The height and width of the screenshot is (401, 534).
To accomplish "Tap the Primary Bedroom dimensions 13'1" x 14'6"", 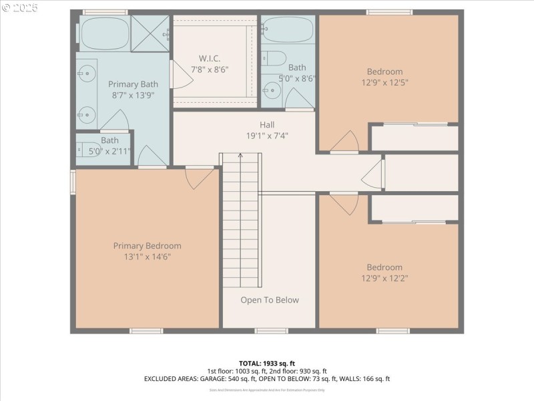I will coord(147,257).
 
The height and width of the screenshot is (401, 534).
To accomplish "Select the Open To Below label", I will coord(270,300).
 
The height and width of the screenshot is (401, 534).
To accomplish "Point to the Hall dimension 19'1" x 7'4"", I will coord(267,136).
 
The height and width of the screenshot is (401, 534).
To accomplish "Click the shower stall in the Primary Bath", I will coord(150,33).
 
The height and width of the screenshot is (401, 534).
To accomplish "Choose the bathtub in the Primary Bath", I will coord(104,33).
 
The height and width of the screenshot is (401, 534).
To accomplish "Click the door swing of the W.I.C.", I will coord(180,75).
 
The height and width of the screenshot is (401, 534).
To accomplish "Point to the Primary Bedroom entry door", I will coord(198,178).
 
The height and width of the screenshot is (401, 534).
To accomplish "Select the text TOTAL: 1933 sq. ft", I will coord(266,363).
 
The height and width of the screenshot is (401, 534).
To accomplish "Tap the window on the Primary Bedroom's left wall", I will coord(73,181).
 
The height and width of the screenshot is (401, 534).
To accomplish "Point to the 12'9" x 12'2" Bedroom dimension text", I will coord(384,278).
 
